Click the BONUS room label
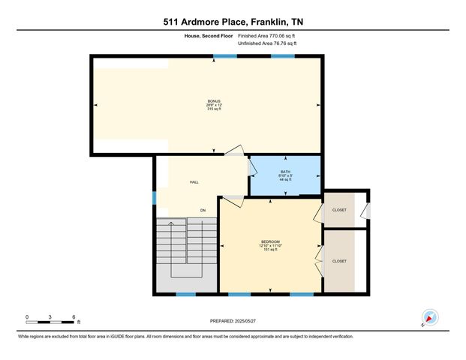click(x=215, y=101)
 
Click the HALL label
click(x=194, y=182)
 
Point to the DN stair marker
click(x=203, y=210)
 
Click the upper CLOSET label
click(x=339, y=210)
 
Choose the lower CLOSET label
click(x=339, y=261)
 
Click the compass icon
click(x=430, y=317)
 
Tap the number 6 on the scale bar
click(x=74, y=316)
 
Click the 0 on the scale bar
click(x=27, y=316)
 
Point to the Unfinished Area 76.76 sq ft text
click(x=267, y=44)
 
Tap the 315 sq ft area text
click(x=215, y=110)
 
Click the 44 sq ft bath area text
click(x=285, y=180)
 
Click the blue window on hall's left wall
click(x=155, y=198)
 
